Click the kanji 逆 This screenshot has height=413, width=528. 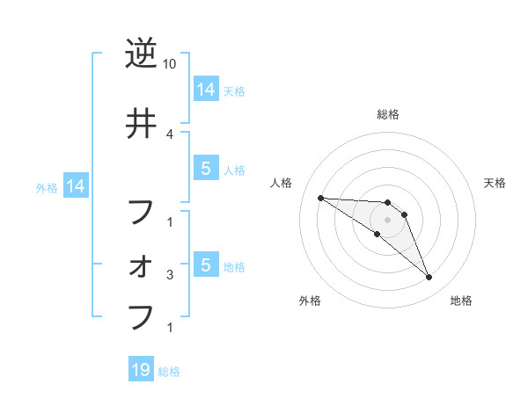pyautogui.click(x=141, y=54)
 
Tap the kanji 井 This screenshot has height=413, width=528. pyautogui.click(x=141, y=124)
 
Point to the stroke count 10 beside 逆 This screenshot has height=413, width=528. pyautogui.click(x=170, y=64)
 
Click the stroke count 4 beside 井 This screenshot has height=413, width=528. pyautogui.click(x=170, y=134)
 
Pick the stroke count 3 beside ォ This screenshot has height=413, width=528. pyautogui.click(x=170, y=275)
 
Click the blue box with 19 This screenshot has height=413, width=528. pyautogui.click(x=140, y=370)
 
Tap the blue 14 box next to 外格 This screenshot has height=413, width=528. pyautogui.click(x=75, y=186)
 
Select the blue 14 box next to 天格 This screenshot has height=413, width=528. pyautogui.click(x=205, y=89)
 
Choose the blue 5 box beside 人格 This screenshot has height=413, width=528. pyautogui.click(x=205, y=169)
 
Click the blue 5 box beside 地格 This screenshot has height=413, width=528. pyautogui.click(x=205, y=264)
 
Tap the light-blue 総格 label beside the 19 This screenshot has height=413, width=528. pyautogui.click(x=169, y=372)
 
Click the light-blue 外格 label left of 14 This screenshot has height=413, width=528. pyautogui.click(x=46, y=187)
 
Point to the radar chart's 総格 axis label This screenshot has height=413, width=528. pyautogui.click(x=387, y=114)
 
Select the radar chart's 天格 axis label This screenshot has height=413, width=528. pyautogui.click(x=495, y=183)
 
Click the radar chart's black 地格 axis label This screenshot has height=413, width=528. pyautogui.click(x=461, y=301)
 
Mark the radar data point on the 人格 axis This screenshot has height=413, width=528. pyautogui.click(x=320, y=198)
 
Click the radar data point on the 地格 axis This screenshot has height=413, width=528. pyautogui.click(x=429, y=278)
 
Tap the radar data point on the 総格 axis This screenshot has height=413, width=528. pyautogui.click(x=387, y=202)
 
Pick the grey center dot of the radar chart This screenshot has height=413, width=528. pyautogui.click(x=387, y=220)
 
